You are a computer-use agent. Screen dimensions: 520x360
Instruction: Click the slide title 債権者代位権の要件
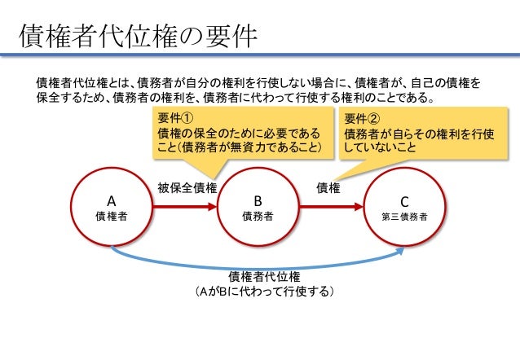point(139,36)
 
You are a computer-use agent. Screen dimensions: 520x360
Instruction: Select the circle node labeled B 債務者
point(258,208)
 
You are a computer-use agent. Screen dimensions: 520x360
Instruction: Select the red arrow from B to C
point(330,208)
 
